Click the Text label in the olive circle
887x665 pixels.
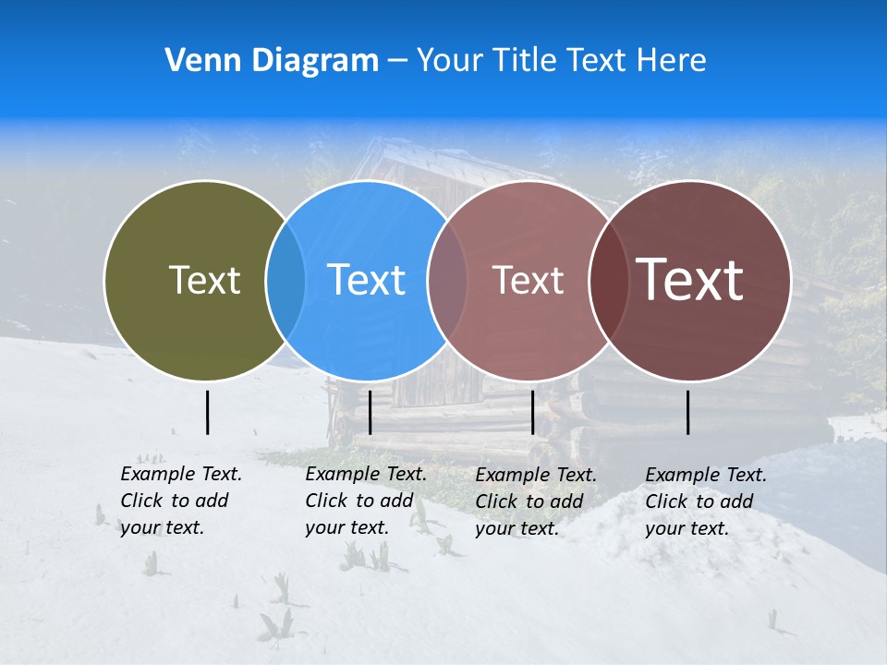pyautogui.click(x=204, y=280)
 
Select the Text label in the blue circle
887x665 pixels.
pyautogui.click(x=367, y=280)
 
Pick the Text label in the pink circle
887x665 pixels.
pyautogui.click(x=528, y=280)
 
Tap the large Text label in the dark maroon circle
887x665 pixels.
pyautogui.click(x=690, y=280)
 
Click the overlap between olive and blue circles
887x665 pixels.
pyautogui.click(x=286, y=281)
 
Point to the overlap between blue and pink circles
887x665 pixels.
pyautogui.click(x=447, y=281)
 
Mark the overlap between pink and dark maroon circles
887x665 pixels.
pyautogui.click(x=605, y=281)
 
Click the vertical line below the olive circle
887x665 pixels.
pyautogui.click(x=207, y=412)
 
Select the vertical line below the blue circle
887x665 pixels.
pyautogui.click(x=370, y=412)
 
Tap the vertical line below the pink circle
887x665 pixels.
pyautogui.click(x=532, y=412)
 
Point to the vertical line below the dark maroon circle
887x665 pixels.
pyautogui.click(x=688, y=412)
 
